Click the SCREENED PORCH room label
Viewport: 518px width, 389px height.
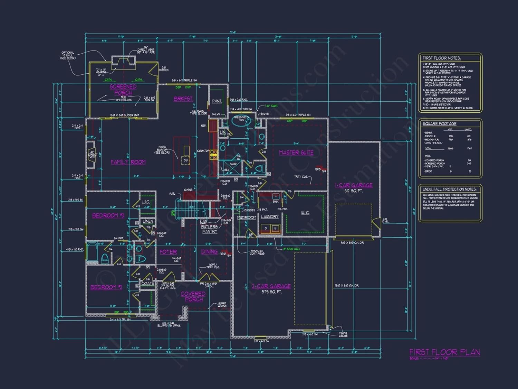point(123,90)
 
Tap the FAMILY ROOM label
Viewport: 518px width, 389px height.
point(128,162)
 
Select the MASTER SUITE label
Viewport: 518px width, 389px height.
point(296,152)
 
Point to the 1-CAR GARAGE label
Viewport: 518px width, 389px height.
point(354,185)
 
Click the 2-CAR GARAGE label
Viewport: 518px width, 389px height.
point(271,286)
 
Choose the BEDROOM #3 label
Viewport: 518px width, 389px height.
point(108,215)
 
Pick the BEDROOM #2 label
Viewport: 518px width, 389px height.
point(106,287)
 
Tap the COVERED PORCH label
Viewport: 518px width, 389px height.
point(193,296)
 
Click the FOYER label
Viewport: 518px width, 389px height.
point(168,252)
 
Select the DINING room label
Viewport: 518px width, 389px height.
point(209,252)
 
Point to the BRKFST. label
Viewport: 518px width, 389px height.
point(183,99)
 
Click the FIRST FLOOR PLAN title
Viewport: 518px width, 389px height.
point(444,352)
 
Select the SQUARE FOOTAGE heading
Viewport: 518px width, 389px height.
point(440,123)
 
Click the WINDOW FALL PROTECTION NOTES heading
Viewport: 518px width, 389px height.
point(449,189)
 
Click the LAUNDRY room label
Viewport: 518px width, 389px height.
point(270,216)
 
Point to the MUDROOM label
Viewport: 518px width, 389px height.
point(247,217)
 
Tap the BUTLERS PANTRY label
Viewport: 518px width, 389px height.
point(209,229)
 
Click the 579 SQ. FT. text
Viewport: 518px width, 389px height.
point(271,292)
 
